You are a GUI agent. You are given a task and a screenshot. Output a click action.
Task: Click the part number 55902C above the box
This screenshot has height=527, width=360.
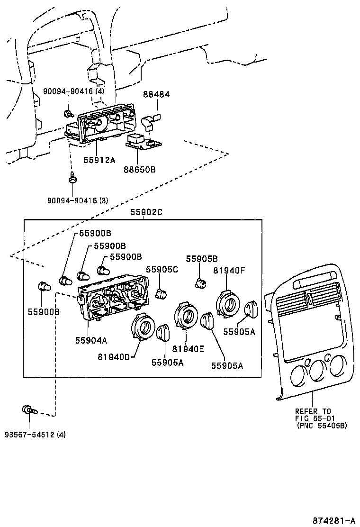coord(146,213)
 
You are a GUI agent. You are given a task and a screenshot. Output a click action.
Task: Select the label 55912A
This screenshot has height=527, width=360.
coord(99,160)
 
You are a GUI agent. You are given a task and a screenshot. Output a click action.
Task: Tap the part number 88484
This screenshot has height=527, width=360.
coord(156,95)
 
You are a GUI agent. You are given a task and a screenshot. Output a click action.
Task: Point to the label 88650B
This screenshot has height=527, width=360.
coord(139,169)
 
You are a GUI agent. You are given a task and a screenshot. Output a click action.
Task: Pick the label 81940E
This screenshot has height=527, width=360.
coord(188,349)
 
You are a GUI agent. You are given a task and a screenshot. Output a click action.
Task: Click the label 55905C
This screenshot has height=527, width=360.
coord(162,269)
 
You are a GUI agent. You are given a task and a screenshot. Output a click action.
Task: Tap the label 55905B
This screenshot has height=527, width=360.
coord(202,259)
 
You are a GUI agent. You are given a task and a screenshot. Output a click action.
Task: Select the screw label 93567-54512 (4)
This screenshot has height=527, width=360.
coord(36,435)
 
